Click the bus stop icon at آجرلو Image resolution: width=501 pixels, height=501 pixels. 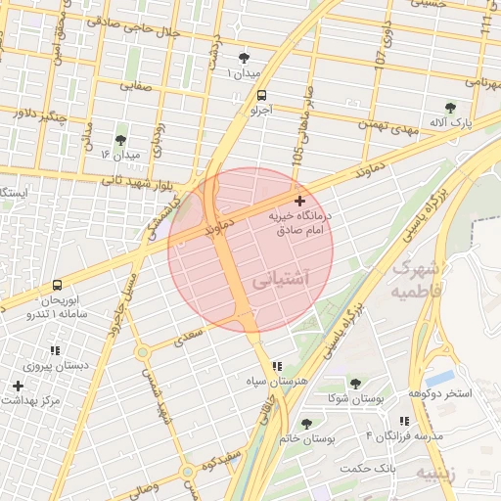pyautogui.click(x=261, y=95)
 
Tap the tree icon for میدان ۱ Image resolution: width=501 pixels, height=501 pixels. pyautogui.click(x=244, y=58)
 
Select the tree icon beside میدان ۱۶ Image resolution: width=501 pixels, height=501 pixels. pyautogui.click(x=120, y=140)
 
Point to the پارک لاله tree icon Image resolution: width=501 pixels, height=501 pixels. pyautogui.click(x=450, y=108)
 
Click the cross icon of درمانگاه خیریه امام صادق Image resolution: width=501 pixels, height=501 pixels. pyautogui.click(x=298, y=200)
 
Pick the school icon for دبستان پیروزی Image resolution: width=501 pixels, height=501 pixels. pyautogui.click(x=55, y=350)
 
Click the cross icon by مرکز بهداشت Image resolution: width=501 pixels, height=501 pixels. pyautogui.click(x=18, y=386)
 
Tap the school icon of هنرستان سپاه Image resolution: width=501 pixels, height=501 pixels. pyautogui.click(x=277, y=364)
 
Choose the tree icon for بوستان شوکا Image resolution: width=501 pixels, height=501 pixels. pyautogui.click(x=354, y=384)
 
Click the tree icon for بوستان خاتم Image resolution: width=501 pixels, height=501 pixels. pyautogui.click(x=306, y=424)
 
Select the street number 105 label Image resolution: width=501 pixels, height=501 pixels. pyautogui.click(x=296, y=154)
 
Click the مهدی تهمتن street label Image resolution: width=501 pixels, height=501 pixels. pyautogui.click(x=381, y=126)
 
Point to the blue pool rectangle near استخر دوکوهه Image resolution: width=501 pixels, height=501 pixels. pyautogui.click(x=441, y=376)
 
